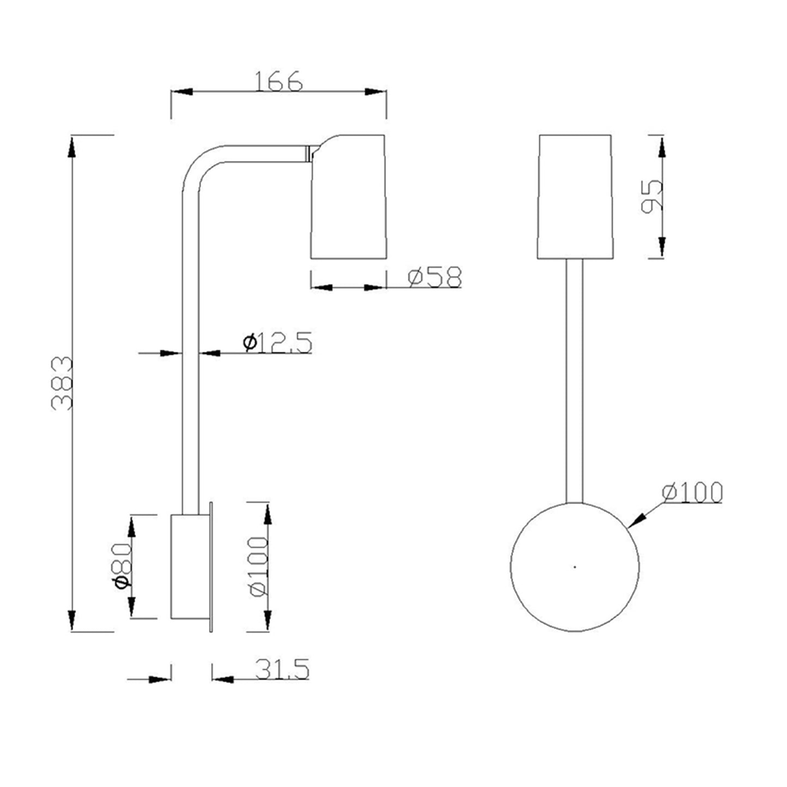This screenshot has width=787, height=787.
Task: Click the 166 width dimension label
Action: (x=278, y=81)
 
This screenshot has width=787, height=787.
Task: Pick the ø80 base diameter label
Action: (x=123, y=566)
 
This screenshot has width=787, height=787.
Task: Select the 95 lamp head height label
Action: (x=651, y=196)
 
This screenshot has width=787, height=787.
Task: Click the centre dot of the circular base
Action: (x=575, y=567)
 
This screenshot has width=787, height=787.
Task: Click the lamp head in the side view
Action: (x=349, y=196)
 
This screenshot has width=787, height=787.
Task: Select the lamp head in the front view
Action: (x=575, y=196)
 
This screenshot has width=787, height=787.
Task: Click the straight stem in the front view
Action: (x=575, y=381)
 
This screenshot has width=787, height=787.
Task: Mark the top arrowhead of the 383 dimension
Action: (x=72, y=147)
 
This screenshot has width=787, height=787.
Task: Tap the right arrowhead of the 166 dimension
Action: (x=375, y=91)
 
